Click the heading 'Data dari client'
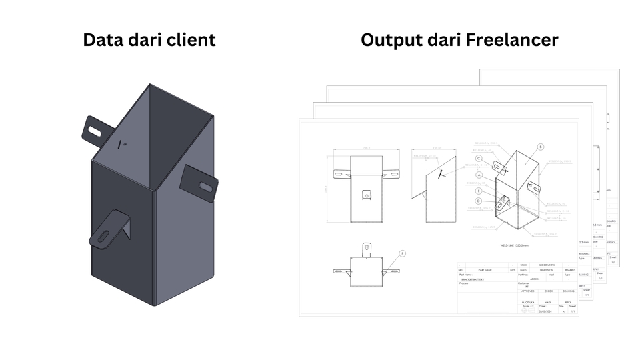click(x=149, y=40)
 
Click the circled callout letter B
click(x=541, y=147)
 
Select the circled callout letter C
click(x=479, y=159)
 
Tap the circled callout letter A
click(x=479, y=174)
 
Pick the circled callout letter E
click(x=479, y=191)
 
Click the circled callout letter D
click(x=479, y=201)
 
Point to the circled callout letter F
click(x=402, y=253)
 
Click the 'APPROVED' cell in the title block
click(x=528, y=291)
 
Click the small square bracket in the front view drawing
click(x=365, y=194)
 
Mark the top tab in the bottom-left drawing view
click(x=365, y=249)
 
